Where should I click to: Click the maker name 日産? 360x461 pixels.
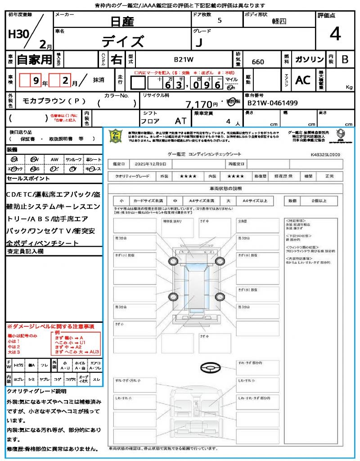tap(122, 21)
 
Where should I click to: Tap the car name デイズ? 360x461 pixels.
tap(122, 41)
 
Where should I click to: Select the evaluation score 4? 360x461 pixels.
tap(335, 34)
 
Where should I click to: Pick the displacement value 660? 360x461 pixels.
tap(258, 62)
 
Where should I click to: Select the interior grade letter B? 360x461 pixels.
tap(345, 59)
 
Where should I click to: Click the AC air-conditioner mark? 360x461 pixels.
tap(303, 80)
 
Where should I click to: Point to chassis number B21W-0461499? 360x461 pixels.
tap(272, 103)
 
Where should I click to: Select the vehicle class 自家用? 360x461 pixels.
tap(34, 59)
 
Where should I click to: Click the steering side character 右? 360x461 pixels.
tap(117, 59)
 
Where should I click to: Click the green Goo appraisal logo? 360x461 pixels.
tap(117, 136)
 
